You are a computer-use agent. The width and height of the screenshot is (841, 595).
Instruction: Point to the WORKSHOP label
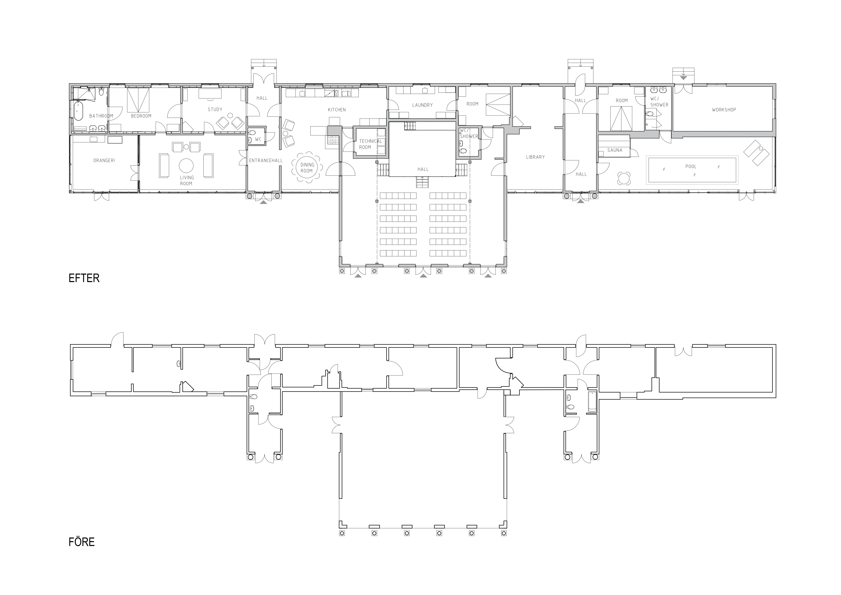point(724,110)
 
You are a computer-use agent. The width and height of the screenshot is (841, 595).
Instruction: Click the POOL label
point(691,166)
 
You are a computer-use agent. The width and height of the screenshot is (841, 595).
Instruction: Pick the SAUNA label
point(615,150)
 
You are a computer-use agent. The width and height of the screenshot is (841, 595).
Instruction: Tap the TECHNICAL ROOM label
point(370,144)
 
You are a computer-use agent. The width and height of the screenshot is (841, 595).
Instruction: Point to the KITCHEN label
point(337,110)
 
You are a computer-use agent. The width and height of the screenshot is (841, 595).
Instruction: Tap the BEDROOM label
point(141,116)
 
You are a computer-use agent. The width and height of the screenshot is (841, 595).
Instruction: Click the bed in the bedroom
point(138,100)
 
